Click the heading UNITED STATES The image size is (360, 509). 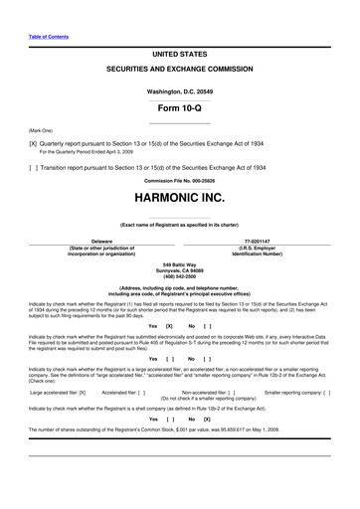point(180,52)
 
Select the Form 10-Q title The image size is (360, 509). point(180,107)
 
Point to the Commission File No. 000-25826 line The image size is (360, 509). point(180,180)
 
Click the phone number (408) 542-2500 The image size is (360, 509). point(180,274)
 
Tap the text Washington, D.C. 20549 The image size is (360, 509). point(180,89)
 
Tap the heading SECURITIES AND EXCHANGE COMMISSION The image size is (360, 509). point(180,72)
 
